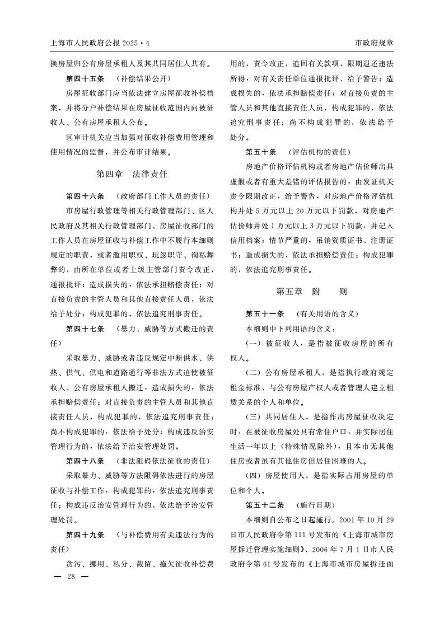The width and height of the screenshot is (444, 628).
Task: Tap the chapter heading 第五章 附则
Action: tap(311, 292)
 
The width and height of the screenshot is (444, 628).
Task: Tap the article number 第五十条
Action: tap(261, 152)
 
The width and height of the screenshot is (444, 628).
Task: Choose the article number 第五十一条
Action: tap(265, 313)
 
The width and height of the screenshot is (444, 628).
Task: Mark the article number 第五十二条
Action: tap(265, 504)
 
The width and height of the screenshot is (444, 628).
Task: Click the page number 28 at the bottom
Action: tap(71, 577)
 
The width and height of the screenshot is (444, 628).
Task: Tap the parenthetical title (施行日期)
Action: tap(316, 504)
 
